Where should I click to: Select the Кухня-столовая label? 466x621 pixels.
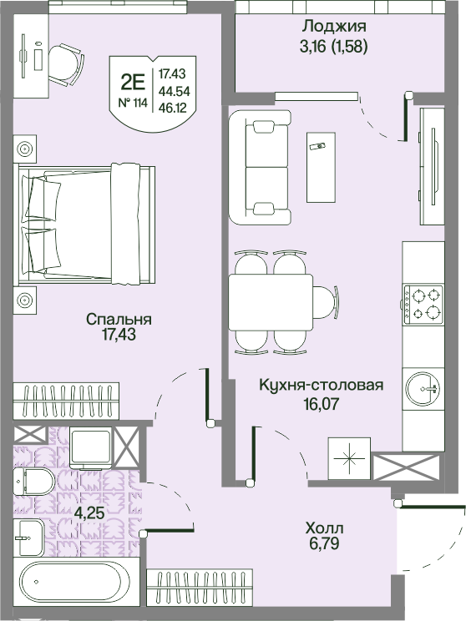click(x=321, y=385)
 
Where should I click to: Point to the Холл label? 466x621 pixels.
click(x=324, y=528)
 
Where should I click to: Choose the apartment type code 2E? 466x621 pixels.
click(x=133, y=82)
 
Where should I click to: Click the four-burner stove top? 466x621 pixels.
click(x=423, y=304)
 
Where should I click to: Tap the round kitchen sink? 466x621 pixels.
click(x=424, y=387)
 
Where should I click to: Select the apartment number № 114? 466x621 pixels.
click(x=133, y=103)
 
